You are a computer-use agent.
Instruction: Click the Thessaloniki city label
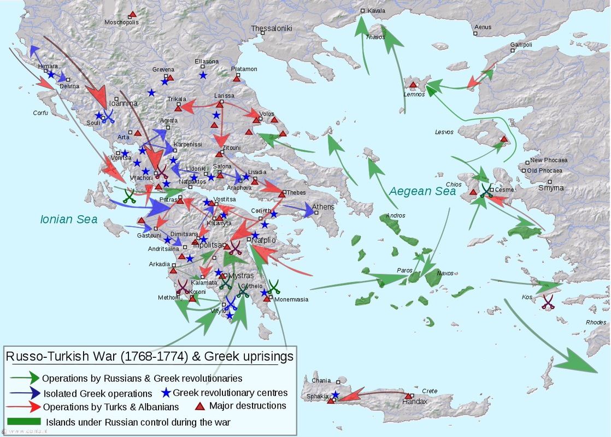pos(272,28)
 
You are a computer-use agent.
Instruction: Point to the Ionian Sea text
pos(69,220)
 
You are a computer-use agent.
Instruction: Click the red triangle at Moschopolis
pos(132,14)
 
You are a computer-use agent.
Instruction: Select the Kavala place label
pos(376,11)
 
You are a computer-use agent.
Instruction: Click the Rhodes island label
pos(596,322)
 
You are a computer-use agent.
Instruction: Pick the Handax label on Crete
pos(414,401)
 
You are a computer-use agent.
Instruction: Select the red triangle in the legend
pos(200,406)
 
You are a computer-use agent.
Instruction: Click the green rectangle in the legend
pos(25,422)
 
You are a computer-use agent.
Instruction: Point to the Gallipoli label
pos(521,45)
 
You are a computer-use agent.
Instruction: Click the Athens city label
pos(323,207)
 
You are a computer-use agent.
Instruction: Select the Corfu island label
pos(40,113)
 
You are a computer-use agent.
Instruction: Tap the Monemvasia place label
pos(291,299)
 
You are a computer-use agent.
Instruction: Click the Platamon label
pos(244,69)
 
